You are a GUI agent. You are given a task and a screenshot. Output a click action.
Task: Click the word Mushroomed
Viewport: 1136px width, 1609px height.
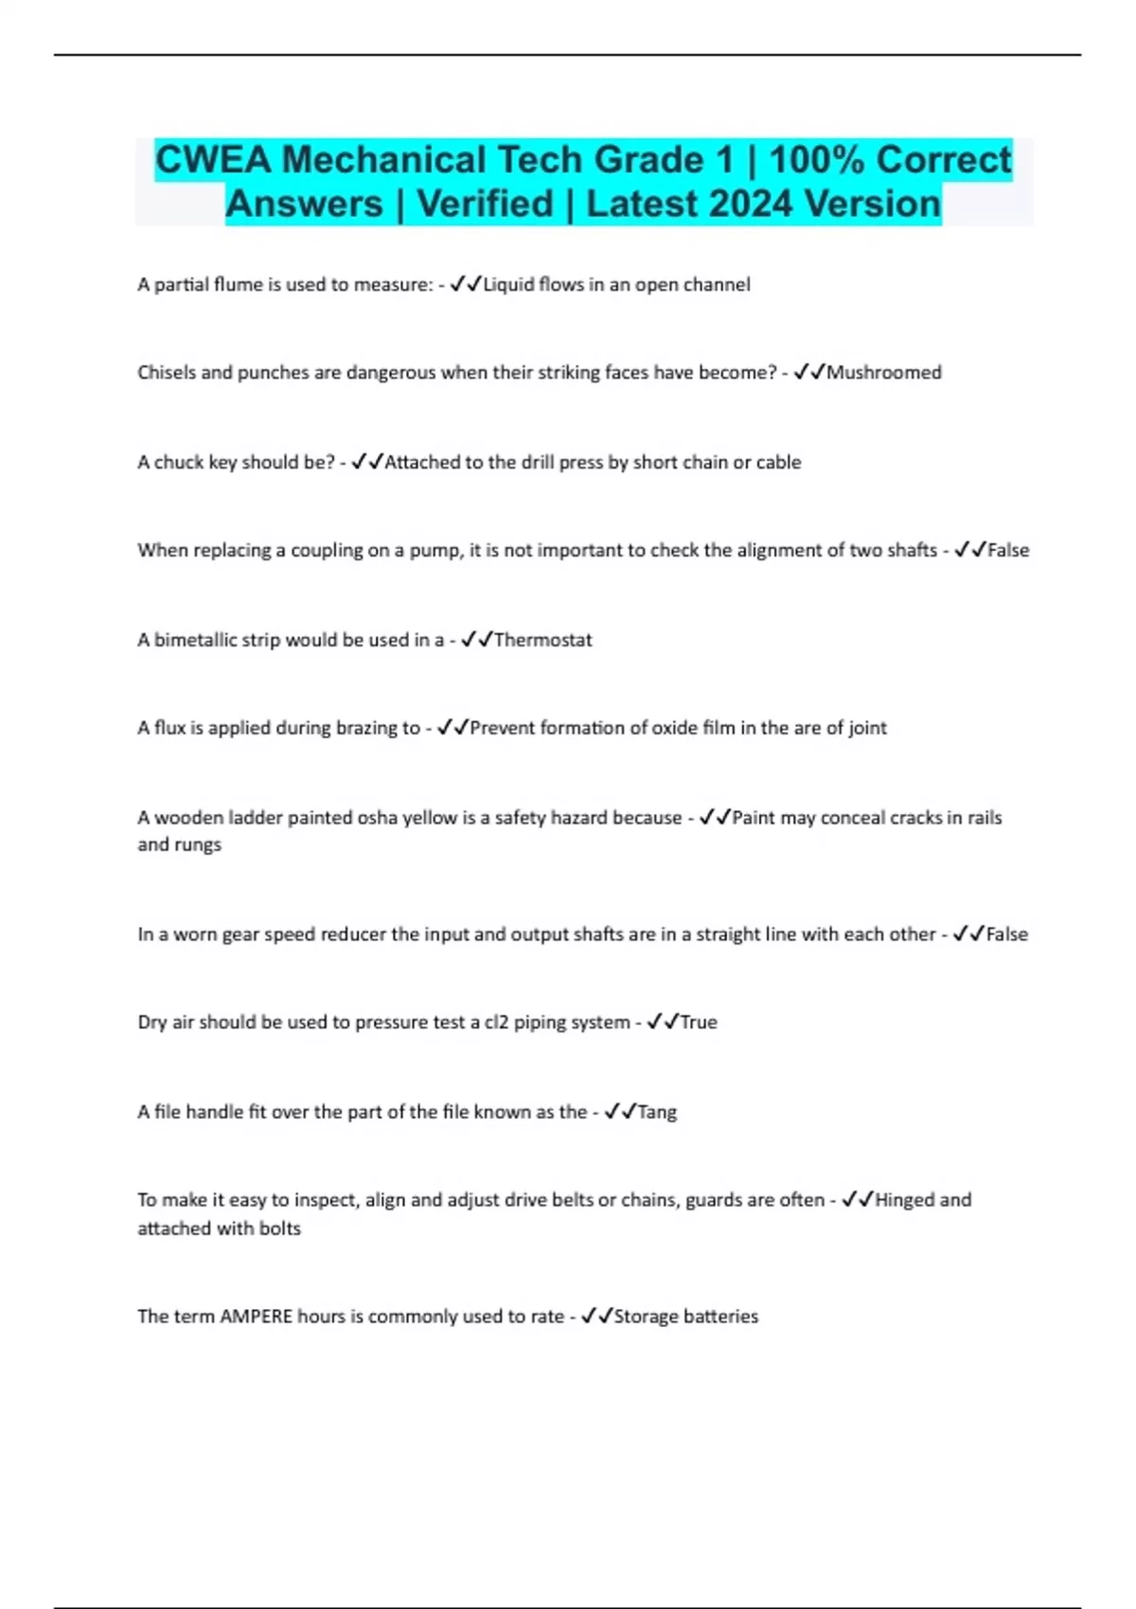(x=884, y=373)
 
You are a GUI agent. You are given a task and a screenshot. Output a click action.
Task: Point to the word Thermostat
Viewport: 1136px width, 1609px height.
(x=542, y=640)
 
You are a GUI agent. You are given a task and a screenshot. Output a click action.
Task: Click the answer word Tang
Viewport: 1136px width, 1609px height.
(x=657, y=1112)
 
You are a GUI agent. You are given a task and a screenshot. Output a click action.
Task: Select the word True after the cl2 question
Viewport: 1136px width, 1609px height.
(x=699, y=1022)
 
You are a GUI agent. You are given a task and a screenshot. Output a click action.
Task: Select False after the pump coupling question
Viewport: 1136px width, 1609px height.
(x=1008, y=551)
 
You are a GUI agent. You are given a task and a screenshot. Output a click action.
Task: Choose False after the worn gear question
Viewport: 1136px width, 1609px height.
(x=1007, y=934)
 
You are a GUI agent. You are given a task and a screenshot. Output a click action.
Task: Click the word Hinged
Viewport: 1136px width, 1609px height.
(x=904, y=1200)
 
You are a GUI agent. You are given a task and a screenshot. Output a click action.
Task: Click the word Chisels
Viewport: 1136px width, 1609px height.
(x=167, y=373)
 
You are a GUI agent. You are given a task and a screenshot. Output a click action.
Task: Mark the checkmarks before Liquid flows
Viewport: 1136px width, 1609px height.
(x=467, y=284)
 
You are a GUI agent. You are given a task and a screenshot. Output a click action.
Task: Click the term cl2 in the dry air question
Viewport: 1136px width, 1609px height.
(x=497, y=1022)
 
